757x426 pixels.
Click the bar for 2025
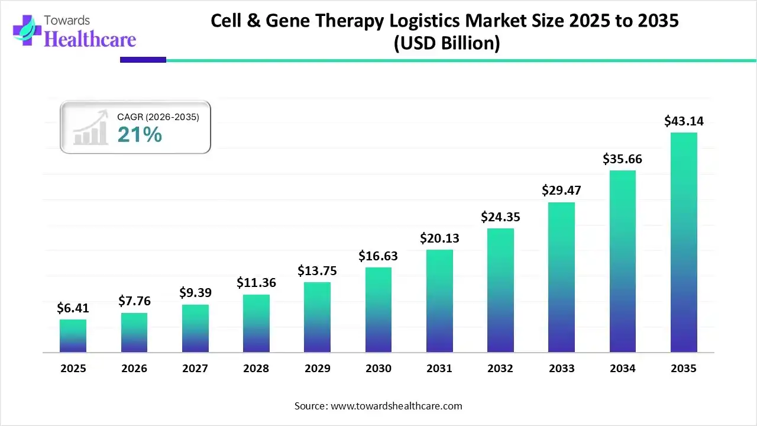coord(73,336)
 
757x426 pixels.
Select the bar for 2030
coord(378,310)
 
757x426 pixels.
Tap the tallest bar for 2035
coord(684,243)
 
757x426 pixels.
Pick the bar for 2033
coord(561,277)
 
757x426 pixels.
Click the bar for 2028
coord(256,324)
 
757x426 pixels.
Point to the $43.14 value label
coord(684,121)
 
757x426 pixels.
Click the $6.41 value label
coord(73,308)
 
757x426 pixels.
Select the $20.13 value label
coord(439,238)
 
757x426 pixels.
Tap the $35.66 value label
coord(622,159)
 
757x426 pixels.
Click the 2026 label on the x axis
coord(134,369)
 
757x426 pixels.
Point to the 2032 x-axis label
coord(500,369)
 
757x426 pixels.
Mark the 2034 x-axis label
coord(622,369)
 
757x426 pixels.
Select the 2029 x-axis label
coord(317,369)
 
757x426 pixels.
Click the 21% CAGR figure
coord(139,135)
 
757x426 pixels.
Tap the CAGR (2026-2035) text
coord(158,117)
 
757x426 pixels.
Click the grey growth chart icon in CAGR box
coord(90,127)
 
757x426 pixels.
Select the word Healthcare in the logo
coord(90,39)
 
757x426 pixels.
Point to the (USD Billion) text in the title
coord(447,44)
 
